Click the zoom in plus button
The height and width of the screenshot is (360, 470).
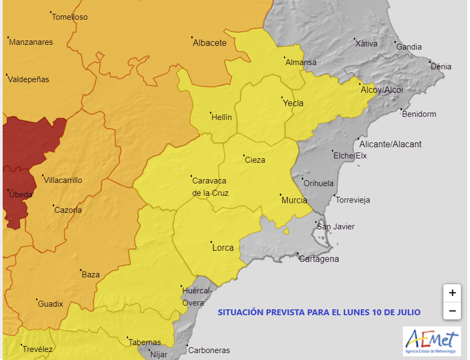pos(452,293)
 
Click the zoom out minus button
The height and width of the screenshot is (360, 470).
pos(452,310)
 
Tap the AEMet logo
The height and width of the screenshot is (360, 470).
pos(431,342)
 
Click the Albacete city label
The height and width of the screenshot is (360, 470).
pos(209,43)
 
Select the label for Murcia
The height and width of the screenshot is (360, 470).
pos(294,201)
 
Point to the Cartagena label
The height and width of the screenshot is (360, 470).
pos(319,259)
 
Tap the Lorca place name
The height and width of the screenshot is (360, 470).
pos(223,247)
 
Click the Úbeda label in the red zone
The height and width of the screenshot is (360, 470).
pos(20,195)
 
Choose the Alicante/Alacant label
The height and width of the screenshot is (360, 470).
pos(390,144)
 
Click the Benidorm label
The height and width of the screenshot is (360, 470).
pos(419,114)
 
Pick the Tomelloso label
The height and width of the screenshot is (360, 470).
pos(69,17)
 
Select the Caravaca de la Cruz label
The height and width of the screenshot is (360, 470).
pos(209,187)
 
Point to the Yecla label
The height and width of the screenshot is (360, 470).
pos(293,103)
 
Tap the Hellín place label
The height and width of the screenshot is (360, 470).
pos(222,117)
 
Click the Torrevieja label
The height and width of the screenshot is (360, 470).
pos(352,200)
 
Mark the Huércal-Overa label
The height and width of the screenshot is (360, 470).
pos(196,297)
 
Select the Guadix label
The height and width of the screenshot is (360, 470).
pos(50,304)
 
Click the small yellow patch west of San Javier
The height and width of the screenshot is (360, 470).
pos(286,231)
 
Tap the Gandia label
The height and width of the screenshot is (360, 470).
pos(409,47)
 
